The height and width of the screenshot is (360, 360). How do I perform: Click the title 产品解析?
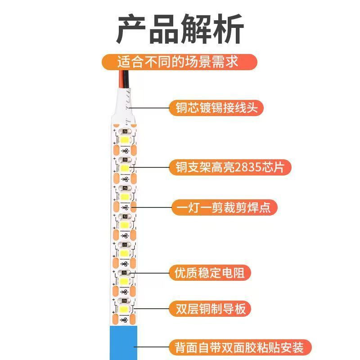coord(180,29)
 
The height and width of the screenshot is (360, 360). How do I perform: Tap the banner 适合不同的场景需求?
coord(179,62)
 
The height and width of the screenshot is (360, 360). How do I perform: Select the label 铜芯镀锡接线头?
coord(216,108)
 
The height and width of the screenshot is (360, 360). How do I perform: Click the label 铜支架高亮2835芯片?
coord(230,167)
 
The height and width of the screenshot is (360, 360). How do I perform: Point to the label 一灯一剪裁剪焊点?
coord(225,207)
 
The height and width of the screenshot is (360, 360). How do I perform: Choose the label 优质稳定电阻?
coord(210,273)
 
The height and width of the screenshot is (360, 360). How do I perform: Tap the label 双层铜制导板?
coord(210,309)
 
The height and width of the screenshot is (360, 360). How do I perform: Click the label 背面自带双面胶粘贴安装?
coord(240,347)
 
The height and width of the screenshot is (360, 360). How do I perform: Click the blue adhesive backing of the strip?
coord(123,342)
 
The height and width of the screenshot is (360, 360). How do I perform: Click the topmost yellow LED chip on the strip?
coord(125,140)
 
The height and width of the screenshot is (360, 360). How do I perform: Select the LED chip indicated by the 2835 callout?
coord(125,168)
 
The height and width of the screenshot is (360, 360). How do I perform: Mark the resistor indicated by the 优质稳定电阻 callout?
coord(124,273)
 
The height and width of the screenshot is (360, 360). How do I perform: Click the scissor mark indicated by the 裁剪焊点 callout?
coord(125,207)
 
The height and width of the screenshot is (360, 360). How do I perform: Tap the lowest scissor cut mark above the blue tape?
coord(124,320)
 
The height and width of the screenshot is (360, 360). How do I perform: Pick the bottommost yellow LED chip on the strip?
coord(124,309)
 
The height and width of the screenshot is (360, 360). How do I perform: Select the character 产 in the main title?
coord(131,29)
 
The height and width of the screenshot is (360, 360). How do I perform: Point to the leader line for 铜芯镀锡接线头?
coord(149,108)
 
